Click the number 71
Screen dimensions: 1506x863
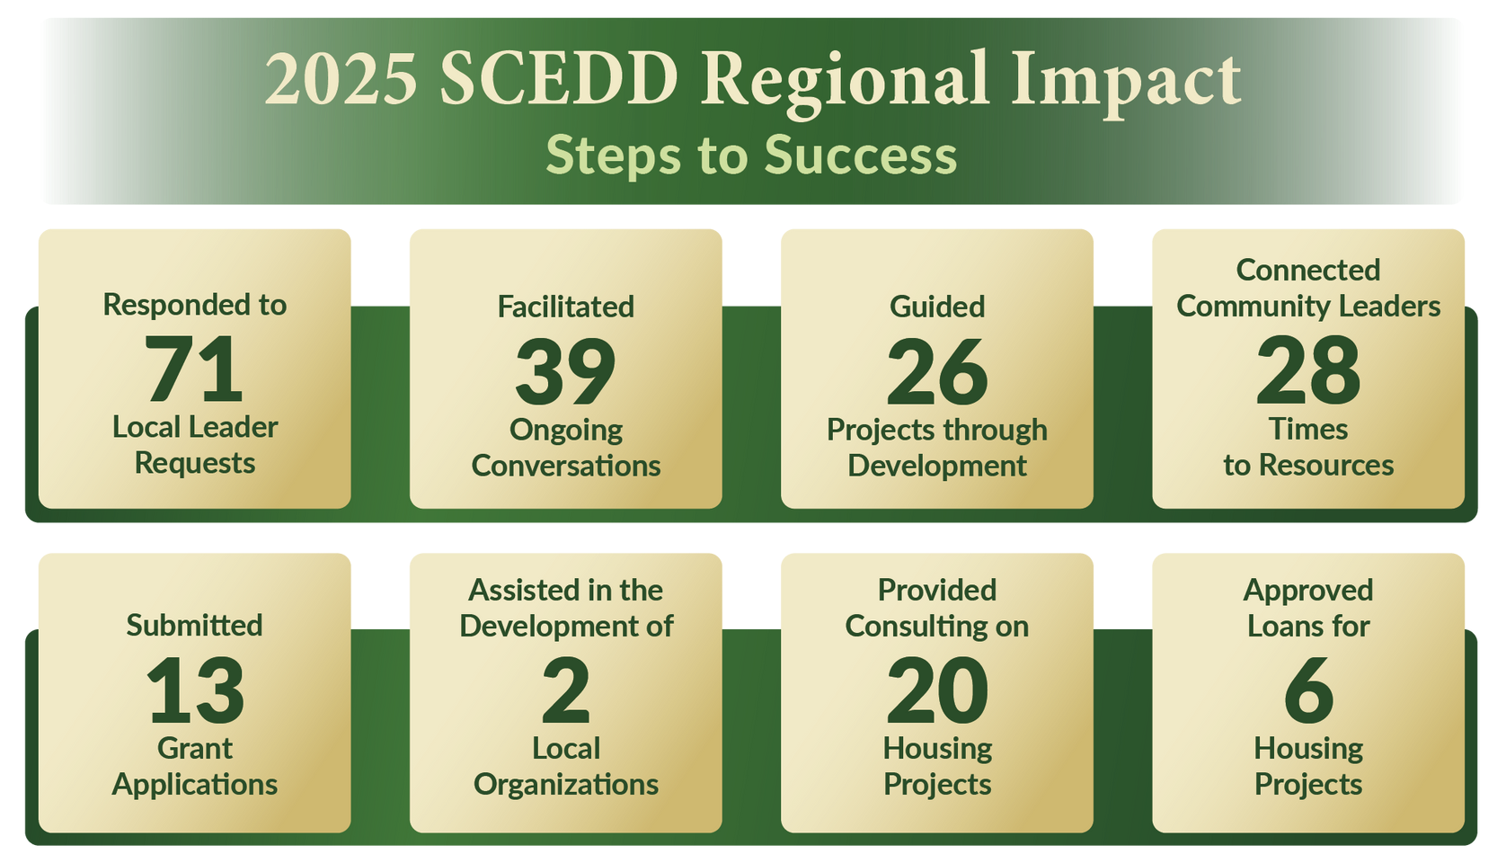coord(193,369)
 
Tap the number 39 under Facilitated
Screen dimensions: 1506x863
coord(565,370)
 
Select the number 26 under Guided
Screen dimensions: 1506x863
coord(937,370)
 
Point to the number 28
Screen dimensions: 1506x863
coord(1308,370)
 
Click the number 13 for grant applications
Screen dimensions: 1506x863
coord(195,690)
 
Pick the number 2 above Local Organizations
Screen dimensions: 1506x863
coord(566,690)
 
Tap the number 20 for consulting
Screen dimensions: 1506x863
coord(937,690)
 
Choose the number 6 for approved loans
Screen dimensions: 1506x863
coord(1308,690)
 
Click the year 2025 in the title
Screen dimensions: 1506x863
coord(341,79)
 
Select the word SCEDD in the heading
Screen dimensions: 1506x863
coord(559,79)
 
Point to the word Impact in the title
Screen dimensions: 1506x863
coord(1126,85)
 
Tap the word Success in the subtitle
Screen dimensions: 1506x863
coord(861,156)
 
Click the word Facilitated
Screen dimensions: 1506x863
coord(566,307)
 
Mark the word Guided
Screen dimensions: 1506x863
coord(937,307)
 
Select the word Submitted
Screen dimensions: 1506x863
coord(194,626)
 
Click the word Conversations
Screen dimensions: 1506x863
coord(566,466)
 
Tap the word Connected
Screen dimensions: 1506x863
coord(1308,271)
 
